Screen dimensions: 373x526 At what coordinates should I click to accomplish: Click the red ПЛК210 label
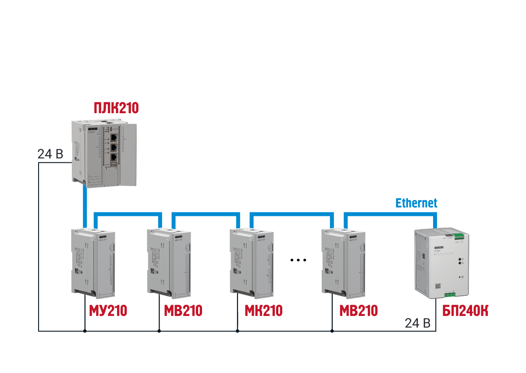pyautogui.click(x=116, y=108)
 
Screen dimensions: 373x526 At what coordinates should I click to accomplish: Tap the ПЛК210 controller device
pyautogui.click(x=103, y=151)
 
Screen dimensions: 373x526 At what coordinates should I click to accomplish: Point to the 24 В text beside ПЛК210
pyautogui.click(x=50, y=154)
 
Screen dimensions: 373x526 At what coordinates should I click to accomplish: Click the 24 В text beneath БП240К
pyautogui.click(x=417, y=323)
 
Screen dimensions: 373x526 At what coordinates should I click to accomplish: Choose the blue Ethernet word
pyautogui.click(x=416, y=203)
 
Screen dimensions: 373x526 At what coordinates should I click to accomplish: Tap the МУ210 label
pyautogui.click(x=108, y=311)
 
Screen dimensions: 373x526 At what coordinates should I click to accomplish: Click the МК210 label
pyautogui.click(x=263, y=311)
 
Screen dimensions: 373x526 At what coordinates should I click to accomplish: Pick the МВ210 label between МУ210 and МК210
pyautogui.click(x=183, y=311)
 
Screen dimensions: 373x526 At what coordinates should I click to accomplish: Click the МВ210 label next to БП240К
pyautogui.click(x=359, y=311)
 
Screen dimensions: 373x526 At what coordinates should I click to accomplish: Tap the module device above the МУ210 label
pyautogui.click(x=93, y=261)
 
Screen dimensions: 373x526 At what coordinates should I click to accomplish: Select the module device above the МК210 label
pyautogui.click(x=251, y=261)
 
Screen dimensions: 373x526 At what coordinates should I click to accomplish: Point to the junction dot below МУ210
pyautogui.click(x=84, y=331)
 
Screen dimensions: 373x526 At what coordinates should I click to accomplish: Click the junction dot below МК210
pyautogui.click(x=237, y=331)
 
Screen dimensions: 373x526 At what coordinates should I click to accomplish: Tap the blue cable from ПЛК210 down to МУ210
pyautogui.click(x=84, y=204)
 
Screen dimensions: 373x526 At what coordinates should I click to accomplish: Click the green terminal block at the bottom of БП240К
pyautogui.click(x=450, y=294)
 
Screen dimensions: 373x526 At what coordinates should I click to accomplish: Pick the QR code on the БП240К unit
pyautogui.click(x=437, y=286)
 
